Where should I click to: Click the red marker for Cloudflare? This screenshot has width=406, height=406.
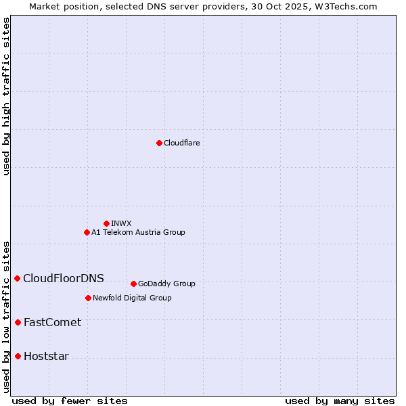[159, 143]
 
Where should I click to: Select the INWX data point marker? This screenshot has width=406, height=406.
[106, 223]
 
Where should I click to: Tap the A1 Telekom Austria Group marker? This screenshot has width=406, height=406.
[87, 232]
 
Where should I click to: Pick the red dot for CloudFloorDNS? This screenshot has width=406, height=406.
[17, 278]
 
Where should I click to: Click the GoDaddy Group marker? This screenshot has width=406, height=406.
[133, 284]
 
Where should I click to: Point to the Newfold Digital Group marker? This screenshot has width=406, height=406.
[88, 298]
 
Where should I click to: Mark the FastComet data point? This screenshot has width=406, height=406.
[18, 322]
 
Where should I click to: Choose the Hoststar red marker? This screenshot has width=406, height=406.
[18, 356]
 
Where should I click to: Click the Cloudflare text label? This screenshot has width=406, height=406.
[181, 143]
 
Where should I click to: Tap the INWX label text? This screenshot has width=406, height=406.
[121, 223]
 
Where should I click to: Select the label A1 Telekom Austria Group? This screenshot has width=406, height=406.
[138, 232]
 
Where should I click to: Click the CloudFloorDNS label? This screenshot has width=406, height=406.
[64, 278]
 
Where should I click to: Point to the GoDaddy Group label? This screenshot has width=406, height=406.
[166, 284]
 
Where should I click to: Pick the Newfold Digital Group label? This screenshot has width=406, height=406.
[132, 298]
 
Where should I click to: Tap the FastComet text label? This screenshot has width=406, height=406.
[52, 322]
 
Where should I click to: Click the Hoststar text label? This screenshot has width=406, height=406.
[46, 356]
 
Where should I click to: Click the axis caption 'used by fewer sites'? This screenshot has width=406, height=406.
[70, 401]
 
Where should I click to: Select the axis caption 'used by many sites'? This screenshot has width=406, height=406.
[340, 401]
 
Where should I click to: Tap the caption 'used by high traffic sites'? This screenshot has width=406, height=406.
[6, 96]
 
